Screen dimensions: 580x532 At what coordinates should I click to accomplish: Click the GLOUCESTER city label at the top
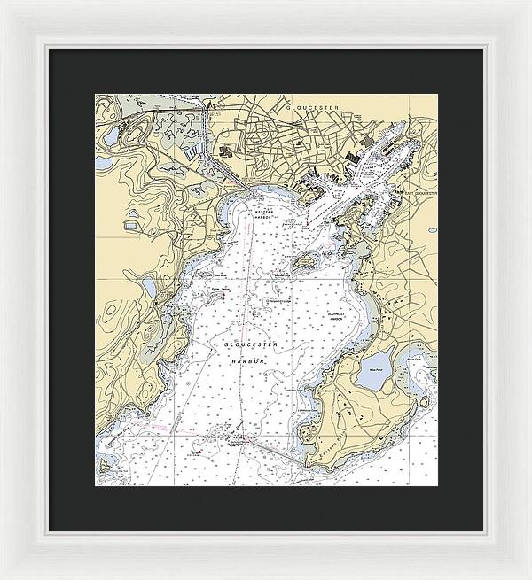coord(314,106)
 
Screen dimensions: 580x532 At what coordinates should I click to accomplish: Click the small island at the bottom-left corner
coord(105,466)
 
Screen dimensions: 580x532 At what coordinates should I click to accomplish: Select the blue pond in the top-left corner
coord(110,135)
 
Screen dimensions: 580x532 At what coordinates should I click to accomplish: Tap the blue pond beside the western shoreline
coord(149,286)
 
